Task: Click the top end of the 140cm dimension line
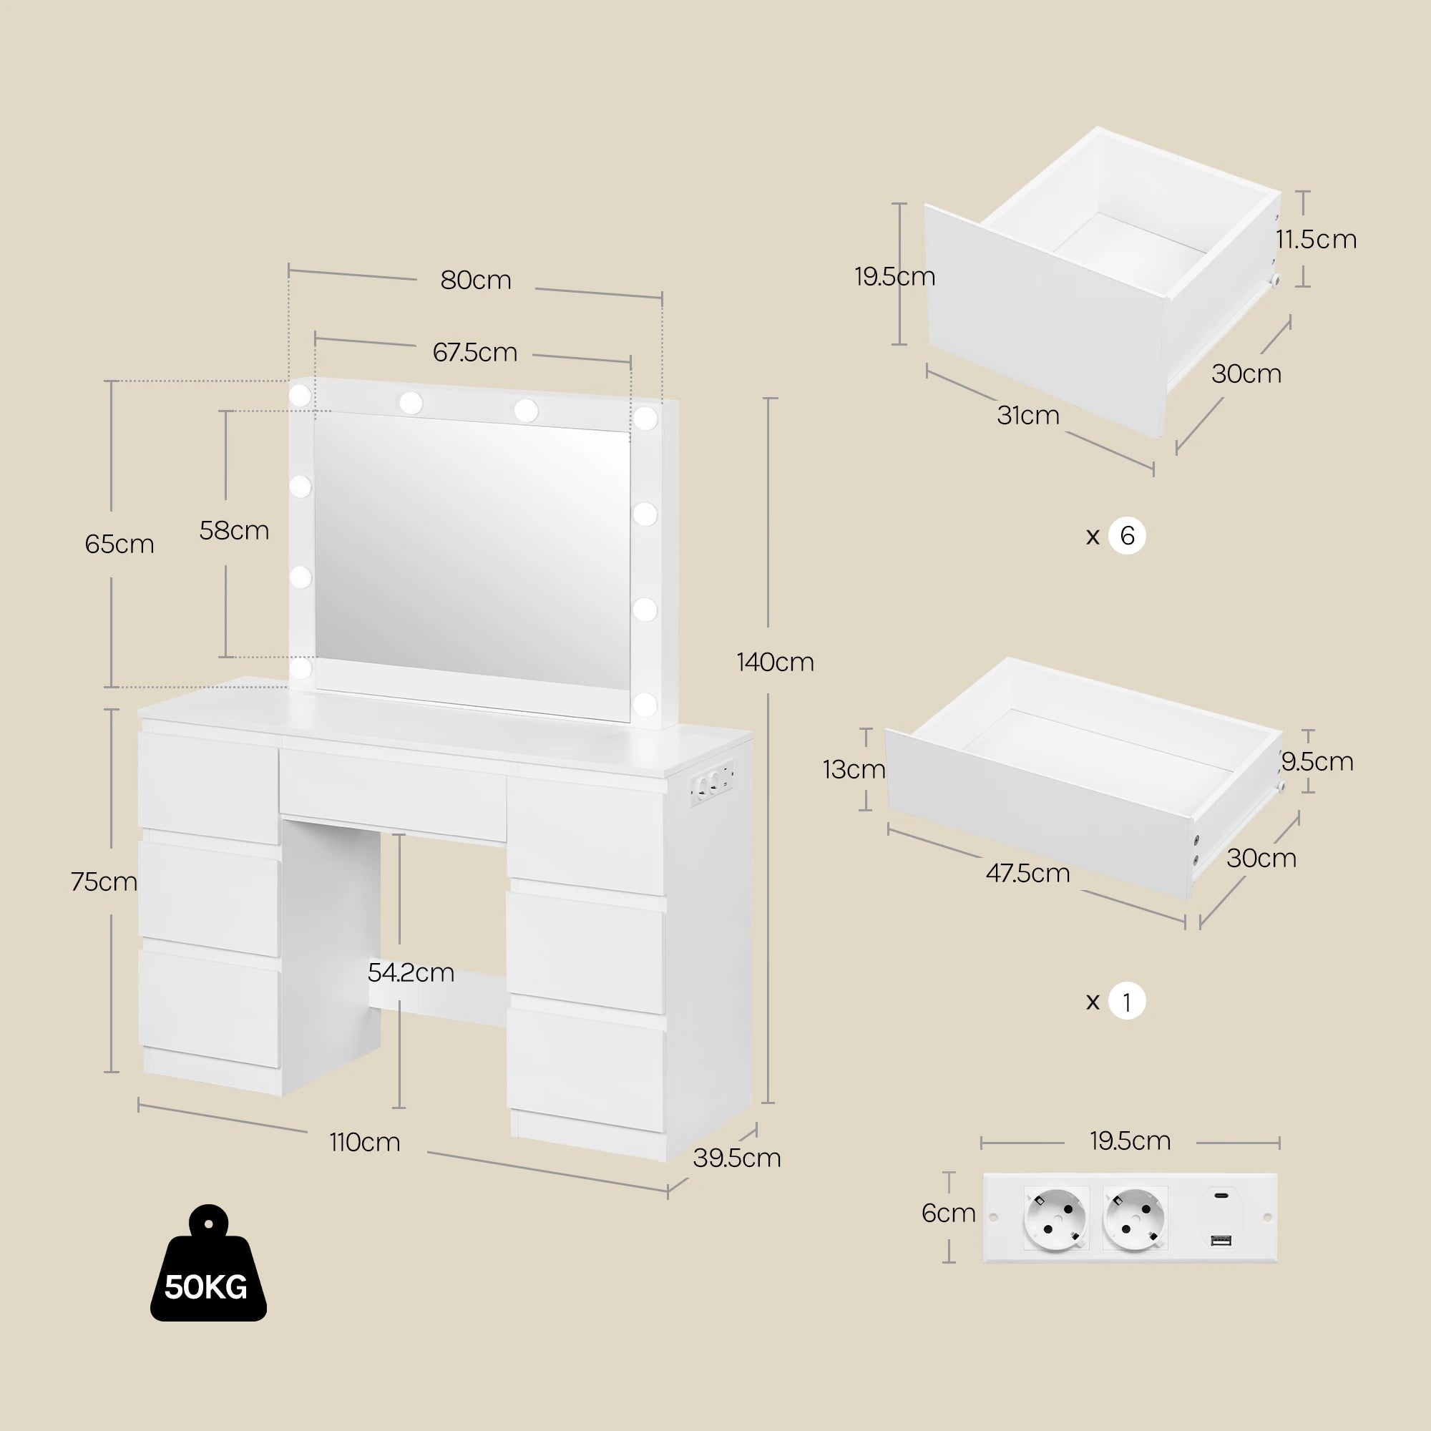[771, 399]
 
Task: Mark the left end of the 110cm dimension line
[139, 1106]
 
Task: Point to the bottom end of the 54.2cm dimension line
[399, 1108]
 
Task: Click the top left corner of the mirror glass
[316, 414]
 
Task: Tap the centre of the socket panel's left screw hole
[993, 1217]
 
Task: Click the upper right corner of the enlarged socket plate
[1278, 1173]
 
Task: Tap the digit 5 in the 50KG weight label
[172, 1287]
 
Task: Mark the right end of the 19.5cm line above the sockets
[1279, 1143]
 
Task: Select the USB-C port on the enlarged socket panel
[1221, 1194]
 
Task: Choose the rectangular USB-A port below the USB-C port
[1221, 1239]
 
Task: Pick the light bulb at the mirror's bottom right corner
[645, 703]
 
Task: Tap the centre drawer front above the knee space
[394, 794]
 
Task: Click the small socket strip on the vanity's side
[712, 786]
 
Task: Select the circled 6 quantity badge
[1127, 535]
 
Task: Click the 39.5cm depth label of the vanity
[737, 1157]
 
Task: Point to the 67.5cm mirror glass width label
[475, 352]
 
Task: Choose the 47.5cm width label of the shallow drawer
[1027, 873]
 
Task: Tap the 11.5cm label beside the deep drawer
[1316, 239]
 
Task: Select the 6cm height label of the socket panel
[948, 1213]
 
